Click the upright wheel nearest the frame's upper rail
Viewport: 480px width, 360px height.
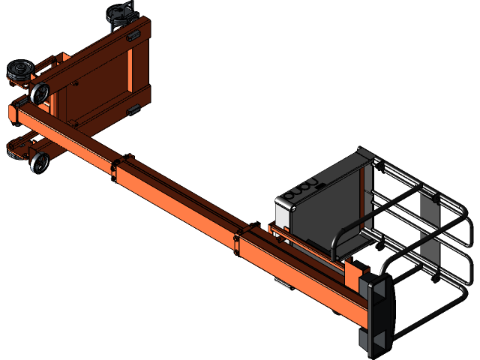click(39, 94)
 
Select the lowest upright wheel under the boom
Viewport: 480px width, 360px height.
click(40, 162)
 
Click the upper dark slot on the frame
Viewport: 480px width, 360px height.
click(133, 34)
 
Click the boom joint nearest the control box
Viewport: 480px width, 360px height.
click(238, 240)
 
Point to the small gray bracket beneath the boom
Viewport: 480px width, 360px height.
click(281, 283)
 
